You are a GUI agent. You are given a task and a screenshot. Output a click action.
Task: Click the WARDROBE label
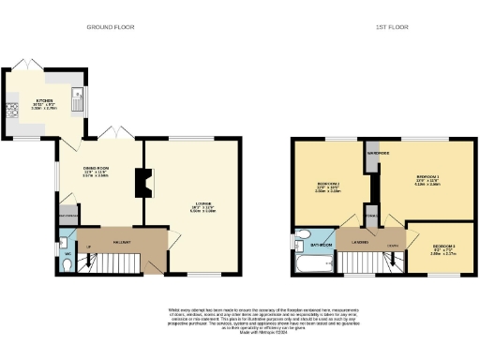(379, 150)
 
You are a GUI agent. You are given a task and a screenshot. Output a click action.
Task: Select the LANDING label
(359, 242)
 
